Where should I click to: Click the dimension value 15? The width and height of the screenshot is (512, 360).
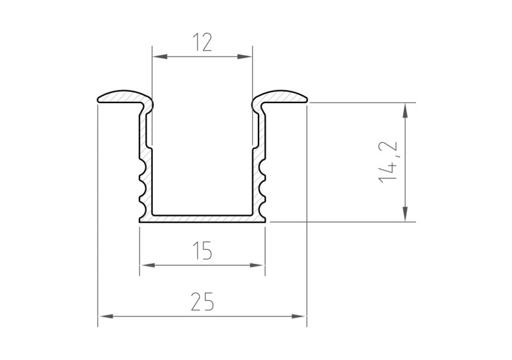coord(202,251)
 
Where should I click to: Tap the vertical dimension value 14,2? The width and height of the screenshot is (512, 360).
coord(390,162)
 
